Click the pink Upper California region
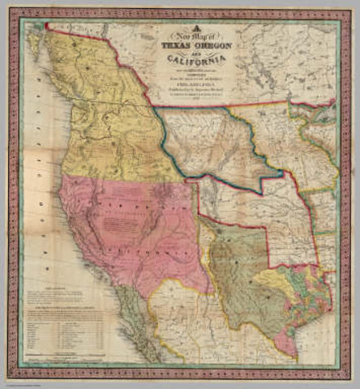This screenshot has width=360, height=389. click(x=122, y=219)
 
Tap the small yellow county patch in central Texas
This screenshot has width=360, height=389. click(x=284, y=280)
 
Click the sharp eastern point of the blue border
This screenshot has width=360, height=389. click(x=281, y=173)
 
